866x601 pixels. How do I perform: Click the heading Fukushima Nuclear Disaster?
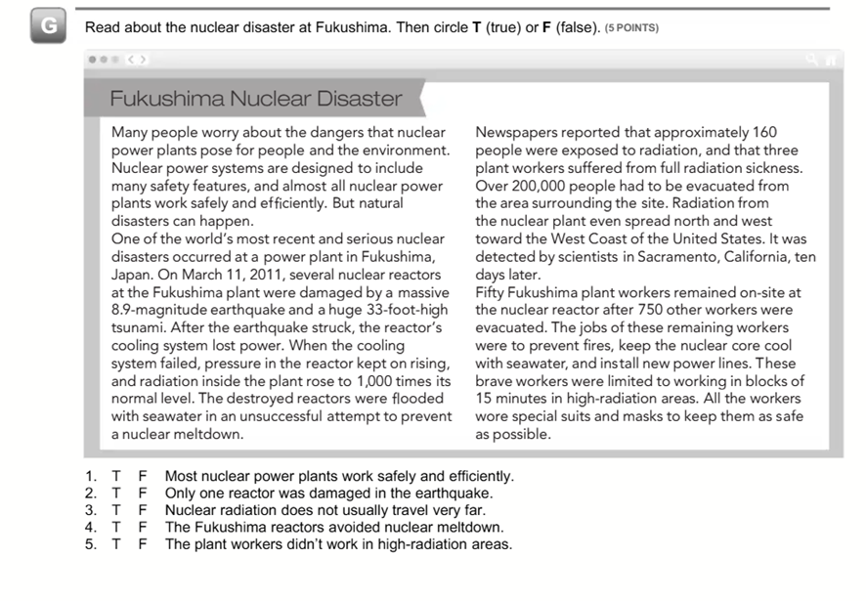click(255, 99)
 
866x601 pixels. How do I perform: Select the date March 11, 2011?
click(208, 275)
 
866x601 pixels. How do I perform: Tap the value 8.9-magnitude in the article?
click(161, 310)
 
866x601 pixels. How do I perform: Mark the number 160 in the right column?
click(764, 133)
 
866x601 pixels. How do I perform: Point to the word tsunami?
click(141, 327)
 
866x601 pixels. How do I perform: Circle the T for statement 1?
click(117, 477)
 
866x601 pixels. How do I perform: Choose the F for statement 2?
click(142, 494)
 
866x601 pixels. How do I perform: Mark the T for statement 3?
click(117, 510)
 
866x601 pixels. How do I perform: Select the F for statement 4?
click(142, 528)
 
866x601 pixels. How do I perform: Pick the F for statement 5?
click(142, 544)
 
